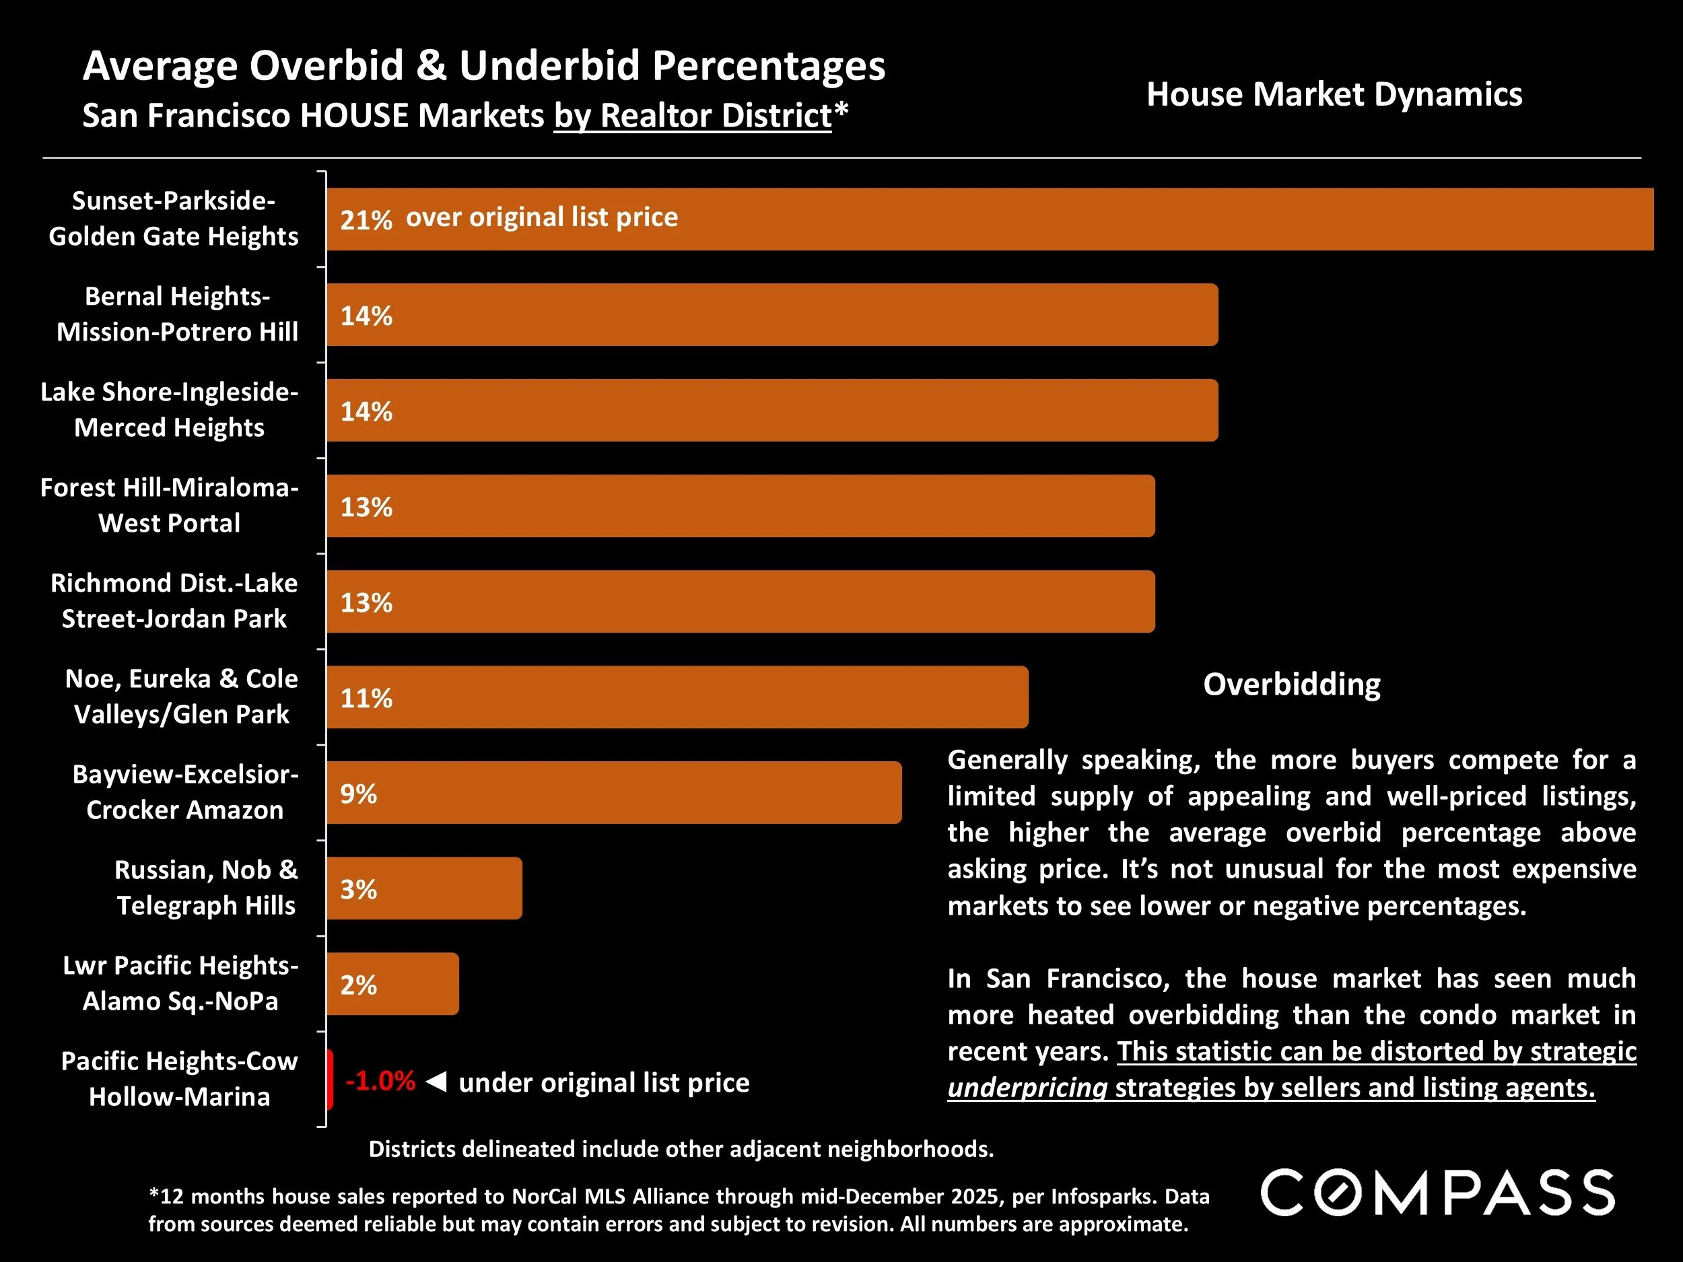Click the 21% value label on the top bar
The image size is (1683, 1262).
[x=366, y=220]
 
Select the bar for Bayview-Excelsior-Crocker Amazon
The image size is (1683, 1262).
[x=613, y=793]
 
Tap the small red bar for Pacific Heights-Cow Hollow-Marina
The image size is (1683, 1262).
[x=329, y=1080]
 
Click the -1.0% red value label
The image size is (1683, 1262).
[x=380, y=1081]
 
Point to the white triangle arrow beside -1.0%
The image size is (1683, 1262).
[x=436, y=1081]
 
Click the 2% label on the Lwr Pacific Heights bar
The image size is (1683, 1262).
[x=358, y=985]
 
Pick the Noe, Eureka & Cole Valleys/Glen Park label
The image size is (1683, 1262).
[x=181, y=696]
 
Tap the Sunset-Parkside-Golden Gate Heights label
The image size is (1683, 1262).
[x=174, y=218]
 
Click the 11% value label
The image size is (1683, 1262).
[x=366, y=699]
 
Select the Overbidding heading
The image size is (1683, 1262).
[x=1291, y=685]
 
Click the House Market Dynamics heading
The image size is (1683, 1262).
[x=1334, y=94]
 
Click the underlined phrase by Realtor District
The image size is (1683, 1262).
[x=692, y=116]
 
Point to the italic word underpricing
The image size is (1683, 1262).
[x=1027, y=1088]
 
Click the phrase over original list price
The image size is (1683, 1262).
[x=542, y=217]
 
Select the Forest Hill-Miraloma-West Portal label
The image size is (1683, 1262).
[x=169, y=505]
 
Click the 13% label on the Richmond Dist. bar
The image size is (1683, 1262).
[x=366, y=602]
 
